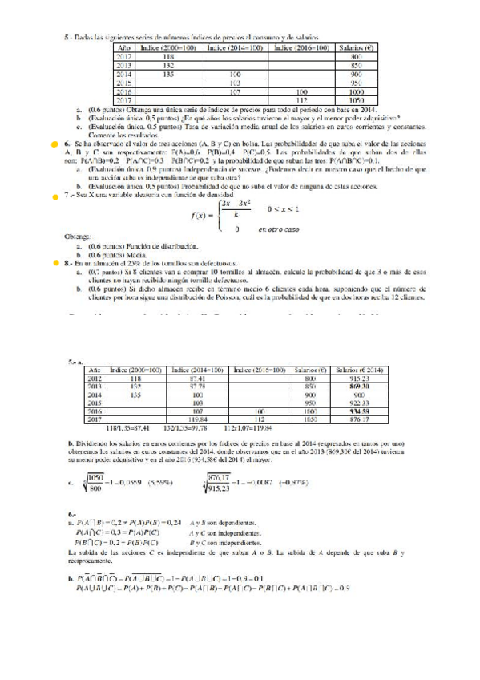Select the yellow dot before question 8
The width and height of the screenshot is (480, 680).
54,262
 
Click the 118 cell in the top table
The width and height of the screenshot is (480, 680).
169,57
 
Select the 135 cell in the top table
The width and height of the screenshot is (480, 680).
169,75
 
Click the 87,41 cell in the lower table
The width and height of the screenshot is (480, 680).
196,378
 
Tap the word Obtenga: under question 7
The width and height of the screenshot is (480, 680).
77,237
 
